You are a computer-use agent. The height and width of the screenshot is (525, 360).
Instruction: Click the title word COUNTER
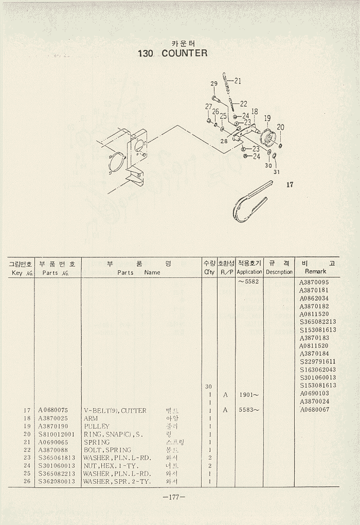(184, 53)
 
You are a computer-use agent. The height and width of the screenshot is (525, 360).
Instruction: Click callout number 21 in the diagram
(238, 81)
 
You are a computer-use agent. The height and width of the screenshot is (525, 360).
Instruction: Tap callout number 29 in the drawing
(214, 84)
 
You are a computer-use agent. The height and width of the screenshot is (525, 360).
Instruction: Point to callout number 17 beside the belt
(290, 185)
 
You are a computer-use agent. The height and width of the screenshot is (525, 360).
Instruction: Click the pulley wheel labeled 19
(268, 139)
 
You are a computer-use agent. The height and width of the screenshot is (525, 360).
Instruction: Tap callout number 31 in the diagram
(277, 171)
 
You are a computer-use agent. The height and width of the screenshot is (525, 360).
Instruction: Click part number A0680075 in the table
(53, 410)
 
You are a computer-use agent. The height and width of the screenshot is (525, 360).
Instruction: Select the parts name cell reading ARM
(91, 418)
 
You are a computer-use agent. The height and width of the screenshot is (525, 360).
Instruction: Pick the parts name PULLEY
(96, 426)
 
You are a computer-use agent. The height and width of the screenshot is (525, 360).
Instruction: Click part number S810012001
(57, 434)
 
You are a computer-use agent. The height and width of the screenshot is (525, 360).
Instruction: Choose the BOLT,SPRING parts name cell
(107, 450)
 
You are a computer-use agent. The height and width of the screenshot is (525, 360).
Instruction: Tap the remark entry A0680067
(315, 410)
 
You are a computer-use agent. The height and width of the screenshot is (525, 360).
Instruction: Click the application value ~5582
(248, 282)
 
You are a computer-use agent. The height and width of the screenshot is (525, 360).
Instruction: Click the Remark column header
(315, 271)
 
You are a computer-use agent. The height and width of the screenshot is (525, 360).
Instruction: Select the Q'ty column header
(209, 272)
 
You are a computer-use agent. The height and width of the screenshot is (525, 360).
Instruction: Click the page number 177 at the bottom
(173, 497)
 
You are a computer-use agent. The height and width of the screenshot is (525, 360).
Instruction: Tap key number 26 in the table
(28, 481)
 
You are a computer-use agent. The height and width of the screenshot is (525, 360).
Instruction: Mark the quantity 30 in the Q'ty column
(208, 387)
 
